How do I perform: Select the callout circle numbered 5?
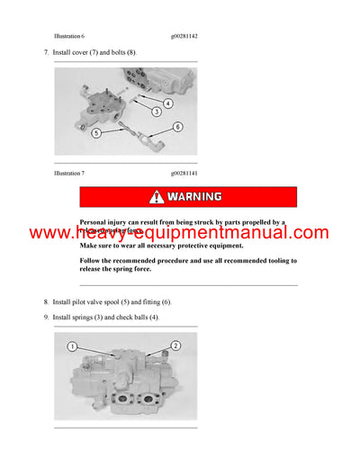click(96, 133)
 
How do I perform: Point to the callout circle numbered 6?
click(177, 127)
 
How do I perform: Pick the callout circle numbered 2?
click(175, 345)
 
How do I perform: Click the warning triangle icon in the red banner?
click(157, 197)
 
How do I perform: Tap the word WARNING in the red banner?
click(194, 197)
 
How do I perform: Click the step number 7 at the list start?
click(45, 54)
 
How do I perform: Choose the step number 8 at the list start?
click(45, 301)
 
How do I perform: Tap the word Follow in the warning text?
click(92, 260)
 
